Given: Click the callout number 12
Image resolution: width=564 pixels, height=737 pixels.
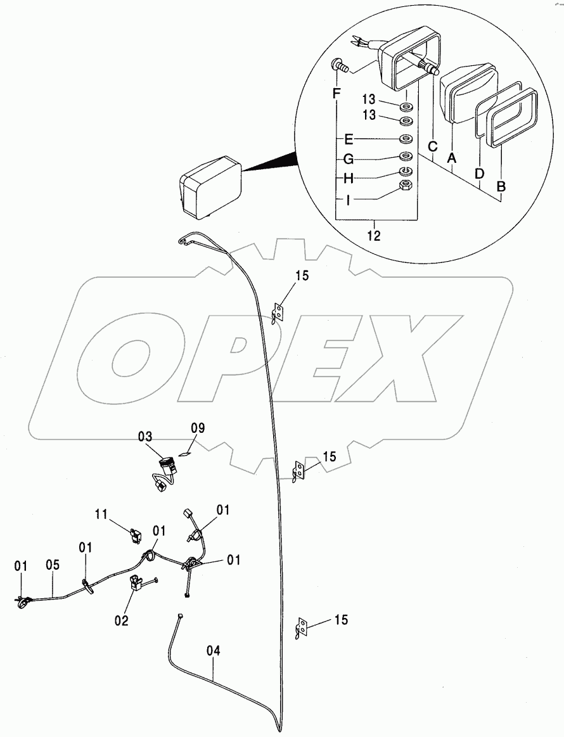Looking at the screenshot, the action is point(374,235).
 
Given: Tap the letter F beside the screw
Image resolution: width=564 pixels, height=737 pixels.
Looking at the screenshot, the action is point(336,94).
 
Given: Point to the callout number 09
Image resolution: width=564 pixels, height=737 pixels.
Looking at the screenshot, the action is point(198,428).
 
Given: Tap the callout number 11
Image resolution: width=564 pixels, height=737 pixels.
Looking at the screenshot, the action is point(101,514).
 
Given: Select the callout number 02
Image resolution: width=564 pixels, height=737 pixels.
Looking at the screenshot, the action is point(121,620).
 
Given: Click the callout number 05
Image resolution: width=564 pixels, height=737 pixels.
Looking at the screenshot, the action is point(53,565).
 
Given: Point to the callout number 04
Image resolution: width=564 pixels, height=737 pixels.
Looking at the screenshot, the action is point(213,651).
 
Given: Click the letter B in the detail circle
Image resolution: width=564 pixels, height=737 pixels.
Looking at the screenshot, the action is point(501,186).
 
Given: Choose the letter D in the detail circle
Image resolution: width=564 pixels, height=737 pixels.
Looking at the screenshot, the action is point(479,174).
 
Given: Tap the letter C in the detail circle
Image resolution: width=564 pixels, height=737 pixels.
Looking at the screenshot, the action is point(432,146).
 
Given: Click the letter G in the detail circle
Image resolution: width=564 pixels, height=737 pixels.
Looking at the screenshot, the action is point(349,159).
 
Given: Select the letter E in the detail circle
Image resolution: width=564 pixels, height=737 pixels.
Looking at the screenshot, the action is point(349,139).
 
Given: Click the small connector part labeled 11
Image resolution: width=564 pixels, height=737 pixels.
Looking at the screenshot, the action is point(135,535).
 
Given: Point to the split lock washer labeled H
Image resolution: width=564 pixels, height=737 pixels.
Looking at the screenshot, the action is point(406,170).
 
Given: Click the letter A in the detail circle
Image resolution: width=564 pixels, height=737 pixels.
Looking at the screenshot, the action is point(451,159).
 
